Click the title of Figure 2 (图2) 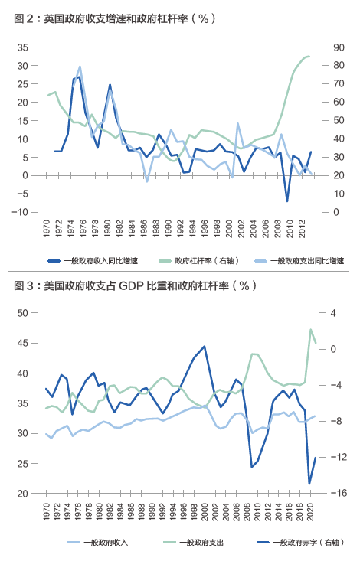coord(115,18)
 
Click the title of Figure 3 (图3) coord(135,285)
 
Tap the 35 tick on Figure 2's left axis coord(22,47)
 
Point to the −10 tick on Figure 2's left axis coord(20,212)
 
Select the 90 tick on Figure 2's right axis coord(339,47)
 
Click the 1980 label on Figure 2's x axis coord(107,229)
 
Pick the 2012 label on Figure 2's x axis coord(302,229)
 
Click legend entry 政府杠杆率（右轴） coord(199,261)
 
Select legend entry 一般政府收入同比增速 coord(93,261)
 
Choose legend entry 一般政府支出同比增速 coord(299,261)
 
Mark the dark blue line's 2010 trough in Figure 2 coord(287,201)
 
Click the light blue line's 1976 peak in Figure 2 coord(80,67)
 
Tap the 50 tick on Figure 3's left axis coord(22,313)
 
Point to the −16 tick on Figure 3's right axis coord(339,493)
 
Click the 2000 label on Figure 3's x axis coord(205,511)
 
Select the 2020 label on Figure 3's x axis coord(310,511)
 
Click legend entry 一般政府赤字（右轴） coord(301,543)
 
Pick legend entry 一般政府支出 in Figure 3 coord(194,543)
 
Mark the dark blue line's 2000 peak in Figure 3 coord(205,347)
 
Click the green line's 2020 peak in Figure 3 coord(310,330)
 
